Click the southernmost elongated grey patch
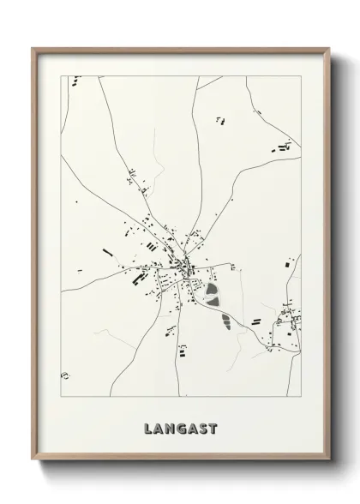click(225, 322)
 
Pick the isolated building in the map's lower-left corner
click(63, 375)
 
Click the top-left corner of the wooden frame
click(34, 49)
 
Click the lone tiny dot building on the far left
click(75, 202)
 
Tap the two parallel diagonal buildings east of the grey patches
click(255, 321)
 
